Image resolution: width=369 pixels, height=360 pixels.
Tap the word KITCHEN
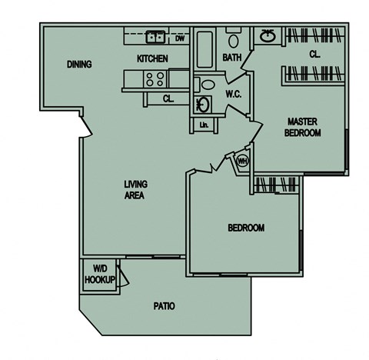[x=152, y=58]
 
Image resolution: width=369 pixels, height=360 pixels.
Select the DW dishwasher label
[x=179, y=37]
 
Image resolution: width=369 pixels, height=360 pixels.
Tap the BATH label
[x=232, y=58]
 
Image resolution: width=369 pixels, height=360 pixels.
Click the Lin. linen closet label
[x=204, y=125]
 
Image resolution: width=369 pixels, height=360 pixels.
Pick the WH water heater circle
[x=242, y=161]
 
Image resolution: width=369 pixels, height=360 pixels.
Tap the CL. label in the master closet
[x=315, y=55]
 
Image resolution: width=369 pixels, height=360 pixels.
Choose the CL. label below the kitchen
[x=168, y=98]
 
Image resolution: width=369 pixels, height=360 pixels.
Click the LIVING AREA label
[x=135, y=191]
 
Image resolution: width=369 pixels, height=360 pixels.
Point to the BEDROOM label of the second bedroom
[x=246, y=228]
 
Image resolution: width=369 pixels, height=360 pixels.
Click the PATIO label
[x=163, y=306]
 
